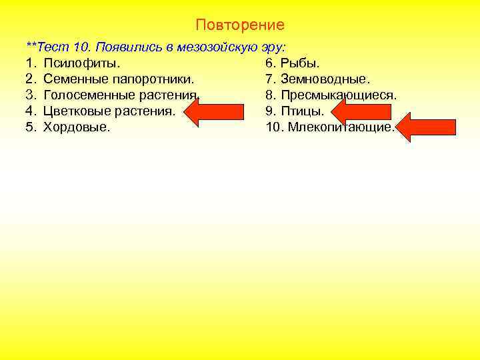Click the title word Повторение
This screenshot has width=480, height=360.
[240, 25]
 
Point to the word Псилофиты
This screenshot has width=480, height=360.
[82, 63]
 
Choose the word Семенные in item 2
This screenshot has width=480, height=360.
[72, 79]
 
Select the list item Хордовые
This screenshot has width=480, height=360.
[77, 127]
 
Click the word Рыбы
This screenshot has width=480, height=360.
[301, 63]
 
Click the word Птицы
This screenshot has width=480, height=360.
[303, 111]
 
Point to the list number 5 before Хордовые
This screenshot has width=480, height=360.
[30, 127]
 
